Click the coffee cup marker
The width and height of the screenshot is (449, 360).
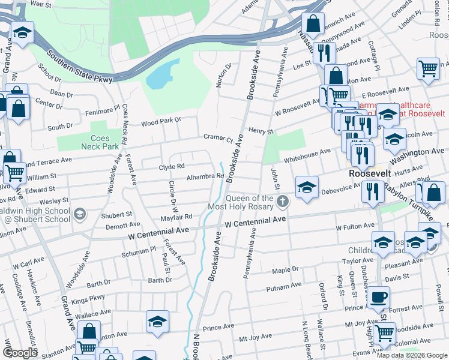click(x=378, y=297)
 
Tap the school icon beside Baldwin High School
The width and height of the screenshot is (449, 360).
click(x=79, y=214)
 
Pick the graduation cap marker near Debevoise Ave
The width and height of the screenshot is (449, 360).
click(x=307, y=187)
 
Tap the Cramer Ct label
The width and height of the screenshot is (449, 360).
click(x=218, y=137)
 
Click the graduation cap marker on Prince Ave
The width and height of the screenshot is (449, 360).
click(x=157, y=322)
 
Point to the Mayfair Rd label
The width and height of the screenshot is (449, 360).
click(x=175, y=217)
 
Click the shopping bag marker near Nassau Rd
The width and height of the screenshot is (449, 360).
click(x=313, y=24)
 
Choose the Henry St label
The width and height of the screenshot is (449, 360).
click(x=261, y=131)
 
